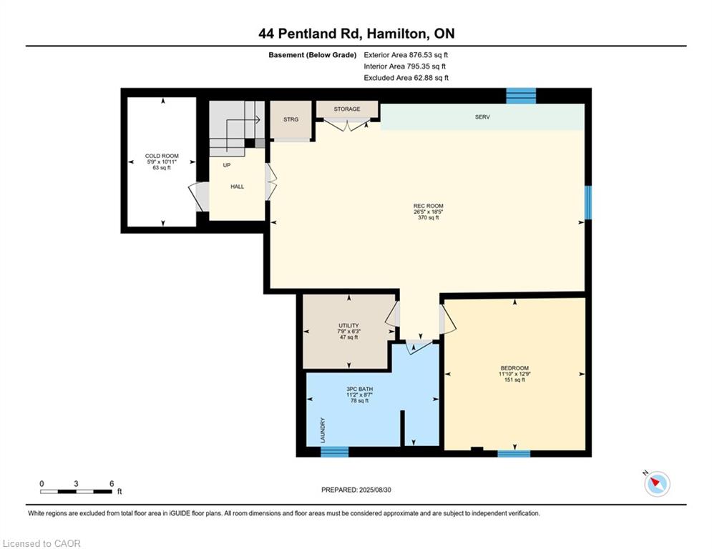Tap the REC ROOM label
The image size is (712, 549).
[428, 206]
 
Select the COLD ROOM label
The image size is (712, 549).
[162, 156]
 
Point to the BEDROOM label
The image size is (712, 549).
[515, 368]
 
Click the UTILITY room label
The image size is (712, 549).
[348, 326]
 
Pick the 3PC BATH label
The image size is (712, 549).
[360, 390]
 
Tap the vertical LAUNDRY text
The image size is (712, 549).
[323, 430]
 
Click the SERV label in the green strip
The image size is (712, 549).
[482, 117]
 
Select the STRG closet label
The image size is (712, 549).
[291, 119]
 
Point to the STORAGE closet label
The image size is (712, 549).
[347, 109]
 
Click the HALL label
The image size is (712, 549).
[237, 187]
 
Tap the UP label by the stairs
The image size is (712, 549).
[227, 165]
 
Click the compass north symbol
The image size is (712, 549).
[657, 483]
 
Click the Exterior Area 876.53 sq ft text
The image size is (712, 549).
[406, 55]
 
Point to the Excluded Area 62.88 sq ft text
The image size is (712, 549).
[406, 78]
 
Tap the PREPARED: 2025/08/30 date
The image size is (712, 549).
[356, 490]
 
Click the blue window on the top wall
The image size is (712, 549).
[521, 97]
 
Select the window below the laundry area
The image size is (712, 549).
[335, 452]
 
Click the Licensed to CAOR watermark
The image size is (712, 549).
[42, 543]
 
